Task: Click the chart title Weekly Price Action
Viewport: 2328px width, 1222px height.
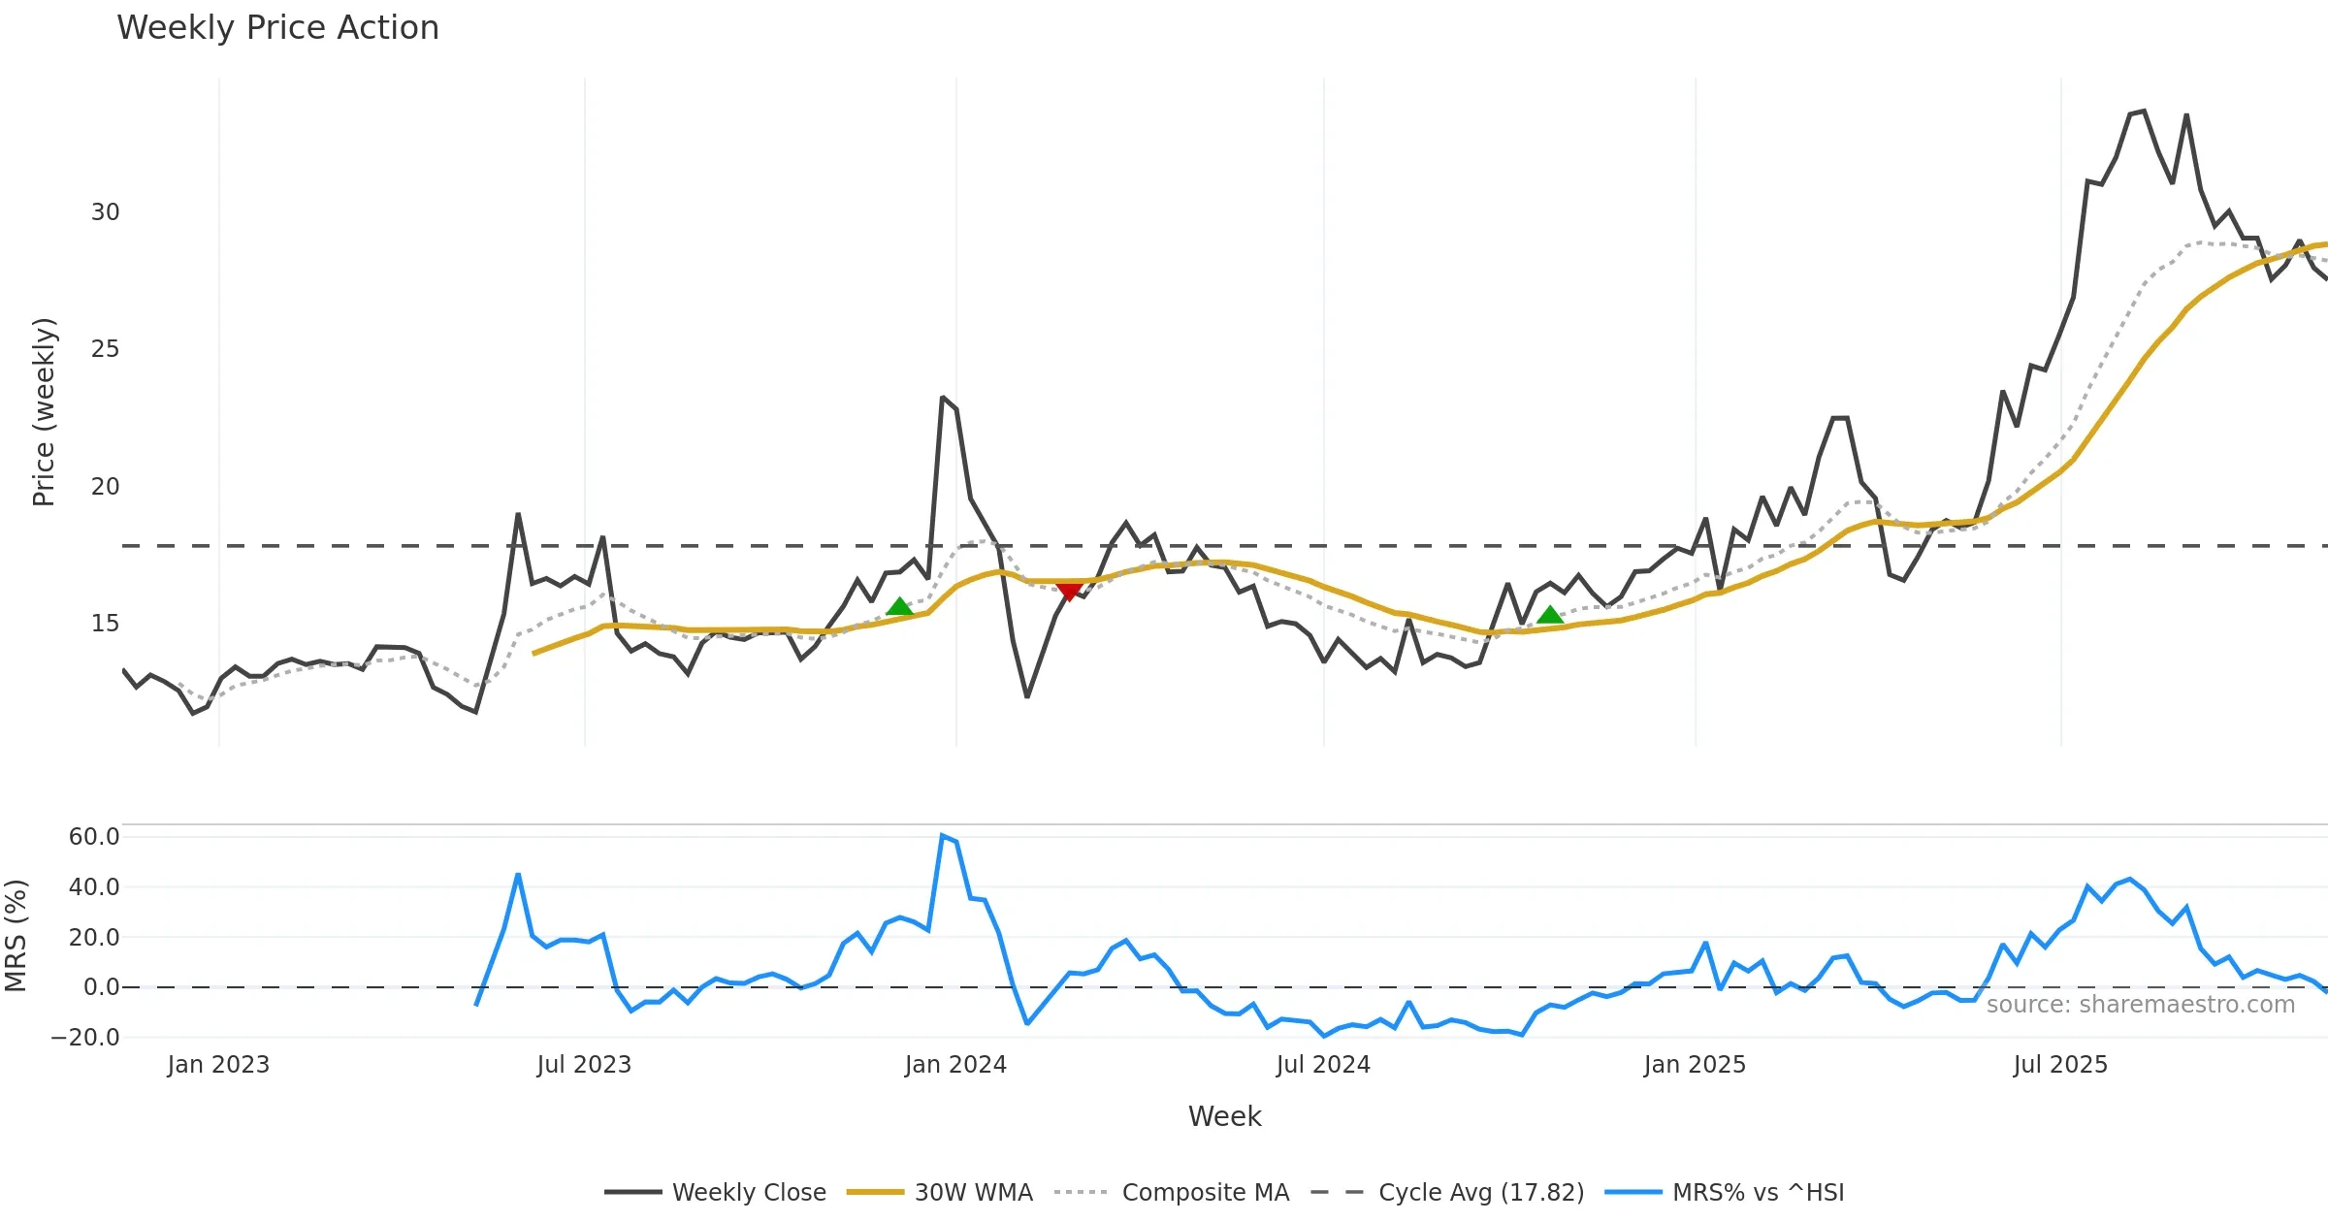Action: click(277, 28)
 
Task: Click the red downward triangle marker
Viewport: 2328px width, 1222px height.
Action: click(1069, 591)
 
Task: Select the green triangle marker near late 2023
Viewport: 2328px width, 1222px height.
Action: click(899, 607)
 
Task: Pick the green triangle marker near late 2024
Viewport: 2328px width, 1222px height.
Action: click(1550, 615)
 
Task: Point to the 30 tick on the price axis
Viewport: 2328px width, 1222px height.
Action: click(105, 212)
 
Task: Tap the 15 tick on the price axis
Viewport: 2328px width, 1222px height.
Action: click(105, 624)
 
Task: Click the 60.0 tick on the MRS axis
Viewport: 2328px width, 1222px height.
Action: click(93, 837)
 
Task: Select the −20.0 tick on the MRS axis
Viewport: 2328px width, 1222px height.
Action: click(85, 1038)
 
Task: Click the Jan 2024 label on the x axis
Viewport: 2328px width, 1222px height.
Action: click(955, 1065)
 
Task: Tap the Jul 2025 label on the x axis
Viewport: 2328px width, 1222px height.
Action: click(2060, 1065)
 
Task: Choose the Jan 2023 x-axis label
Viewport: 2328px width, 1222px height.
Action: click(218, 1065)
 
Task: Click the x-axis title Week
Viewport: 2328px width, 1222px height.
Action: click(1224, 1117)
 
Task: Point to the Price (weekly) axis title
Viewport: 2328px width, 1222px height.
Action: click(44, 412)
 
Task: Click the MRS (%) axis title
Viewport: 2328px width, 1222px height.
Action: click(16, 936)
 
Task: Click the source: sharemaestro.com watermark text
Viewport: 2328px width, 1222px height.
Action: click(2140, 1005)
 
